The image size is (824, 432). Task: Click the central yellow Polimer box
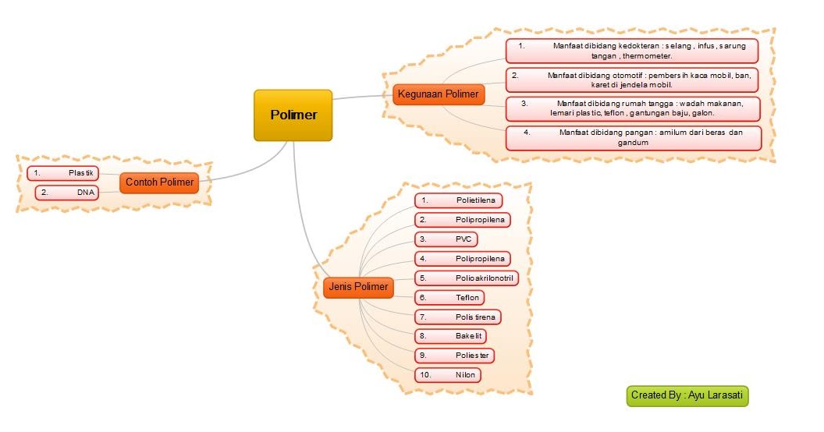pos(293,115)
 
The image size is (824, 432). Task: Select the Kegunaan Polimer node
pos(439,94)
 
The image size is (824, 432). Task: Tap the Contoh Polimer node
pos(159,182)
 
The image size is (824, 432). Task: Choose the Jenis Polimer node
pos(358,287)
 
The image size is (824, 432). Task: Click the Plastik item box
pos(63,173)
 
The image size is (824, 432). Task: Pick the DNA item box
pos(67,193)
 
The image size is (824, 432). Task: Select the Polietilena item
pos(458,200)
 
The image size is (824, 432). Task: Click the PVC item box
pos(446,239)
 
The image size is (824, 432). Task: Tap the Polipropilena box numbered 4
pos(463,259)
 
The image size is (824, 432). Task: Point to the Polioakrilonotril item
pos(467,278)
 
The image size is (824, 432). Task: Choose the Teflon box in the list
pos(449,298)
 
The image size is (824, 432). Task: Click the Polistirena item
pos(458,317)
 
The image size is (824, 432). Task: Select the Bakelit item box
pos(450,336)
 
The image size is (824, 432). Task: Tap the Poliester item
pos(455,356)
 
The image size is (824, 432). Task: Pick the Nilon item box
pos(448,375)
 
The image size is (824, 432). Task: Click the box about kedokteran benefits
pos(632,51)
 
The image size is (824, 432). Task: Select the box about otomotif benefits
pos(632,80)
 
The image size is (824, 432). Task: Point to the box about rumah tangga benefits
pos(633,108)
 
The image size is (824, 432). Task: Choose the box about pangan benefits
pos(634,137)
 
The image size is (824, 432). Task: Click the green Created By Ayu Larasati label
pos(687,396)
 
